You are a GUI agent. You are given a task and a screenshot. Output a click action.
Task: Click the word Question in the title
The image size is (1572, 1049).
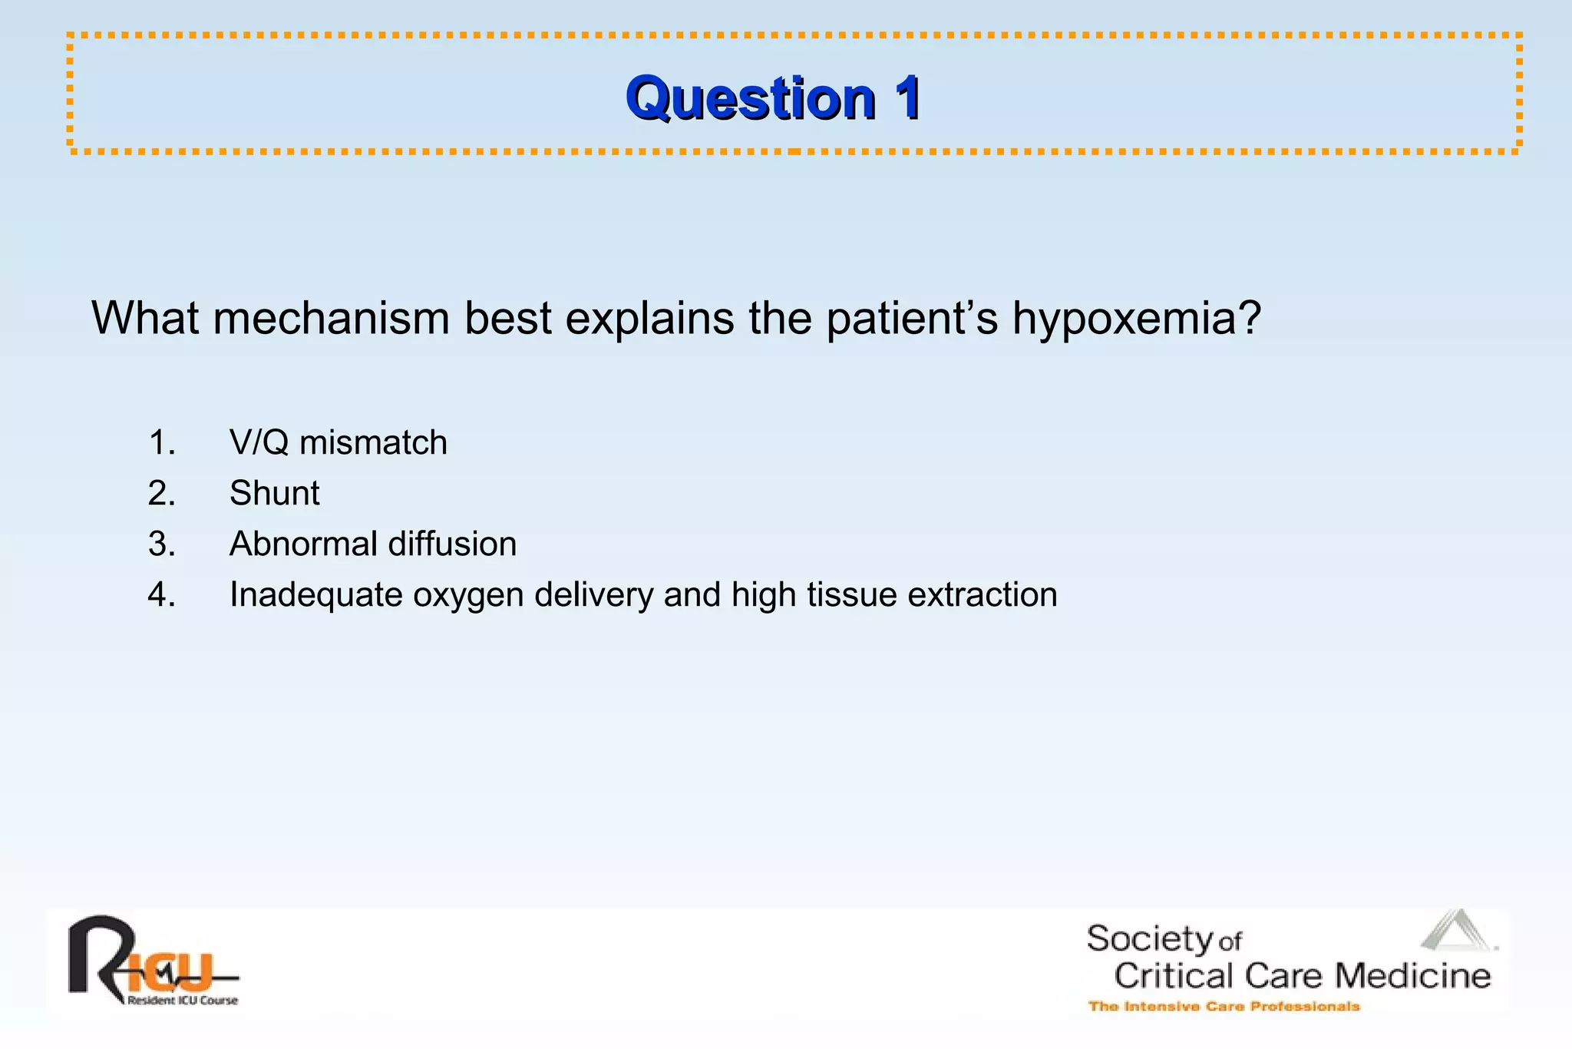[x=751, y=98]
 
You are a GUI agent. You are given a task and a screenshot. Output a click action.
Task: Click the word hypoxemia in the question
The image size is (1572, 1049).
[x=1136, y=318]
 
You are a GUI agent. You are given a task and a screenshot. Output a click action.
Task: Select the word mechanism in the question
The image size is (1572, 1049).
[x=331, y=318]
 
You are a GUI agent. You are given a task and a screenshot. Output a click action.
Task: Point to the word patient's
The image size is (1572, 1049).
[x=912, y=318]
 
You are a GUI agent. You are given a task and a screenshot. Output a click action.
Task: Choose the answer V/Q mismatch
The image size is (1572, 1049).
[x=338, y=443]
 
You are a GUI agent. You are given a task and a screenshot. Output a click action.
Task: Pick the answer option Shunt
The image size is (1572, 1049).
[x=274, y=493]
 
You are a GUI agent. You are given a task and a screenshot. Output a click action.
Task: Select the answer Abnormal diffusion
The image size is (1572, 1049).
[x=372, y=544]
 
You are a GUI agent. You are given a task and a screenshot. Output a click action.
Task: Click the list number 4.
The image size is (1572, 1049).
[x=161, y=594]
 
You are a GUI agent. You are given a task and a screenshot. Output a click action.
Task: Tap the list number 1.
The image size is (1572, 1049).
[x=161, y=443]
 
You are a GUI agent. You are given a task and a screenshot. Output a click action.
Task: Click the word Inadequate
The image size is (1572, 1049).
[x=315, y=594]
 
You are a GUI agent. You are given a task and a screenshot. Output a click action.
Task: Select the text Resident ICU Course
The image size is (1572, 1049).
[x=183, y=1001]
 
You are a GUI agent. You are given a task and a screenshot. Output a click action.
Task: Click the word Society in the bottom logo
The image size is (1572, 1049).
[x=1149, y=939]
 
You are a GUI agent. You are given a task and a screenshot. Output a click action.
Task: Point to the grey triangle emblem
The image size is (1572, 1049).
[x=1457, y=931]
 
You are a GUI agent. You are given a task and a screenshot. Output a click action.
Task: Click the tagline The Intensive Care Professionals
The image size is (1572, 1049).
[x=1224, y=1006]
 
